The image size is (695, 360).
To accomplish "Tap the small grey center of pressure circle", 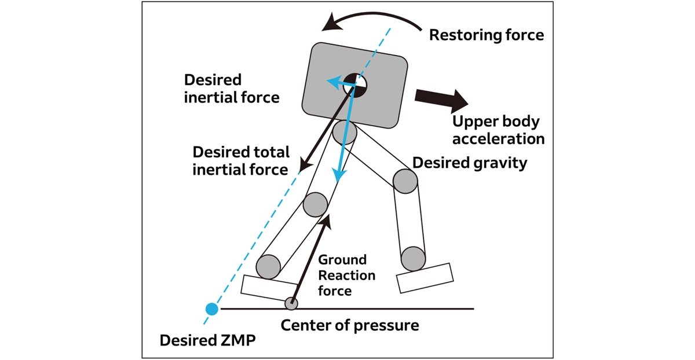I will pyautogui.click(x=291, y=303).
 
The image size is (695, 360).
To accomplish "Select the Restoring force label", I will pyautogui.click(x=486, y=35).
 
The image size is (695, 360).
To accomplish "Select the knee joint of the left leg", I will pyautogui.click(x=315, y=204).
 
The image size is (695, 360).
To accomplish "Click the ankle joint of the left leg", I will pyautogui.click(x=268, y=266).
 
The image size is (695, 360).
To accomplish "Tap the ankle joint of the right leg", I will pyautogui.click(x=413, y=258).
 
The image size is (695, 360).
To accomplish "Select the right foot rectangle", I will pyautogui.click(x=424, y=278).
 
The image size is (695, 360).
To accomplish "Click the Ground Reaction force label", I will pyautogui.click(x=346, y=275).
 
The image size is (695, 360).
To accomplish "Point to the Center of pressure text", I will pyautogui.click(x=349, y=325).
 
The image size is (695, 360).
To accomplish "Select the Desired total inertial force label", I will pyautogui.click(x=240, y=161).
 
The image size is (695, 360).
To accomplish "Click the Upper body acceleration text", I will pyautogui.click(x=498, y=130).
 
